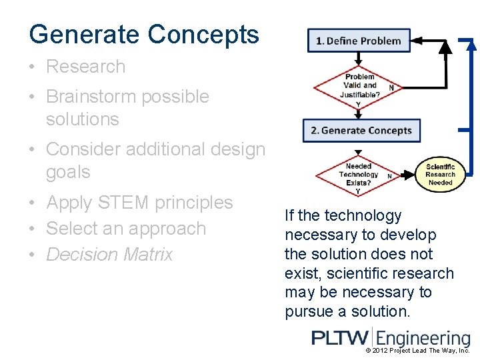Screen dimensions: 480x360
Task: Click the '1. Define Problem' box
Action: (359, 41)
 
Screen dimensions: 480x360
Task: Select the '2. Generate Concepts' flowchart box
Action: (361, 130)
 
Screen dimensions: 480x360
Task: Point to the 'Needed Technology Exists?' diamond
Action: (359, 175)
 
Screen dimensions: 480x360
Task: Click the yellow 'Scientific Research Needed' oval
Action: (440, 175)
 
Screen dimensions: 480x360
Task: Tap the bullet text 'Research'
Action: (85, 67)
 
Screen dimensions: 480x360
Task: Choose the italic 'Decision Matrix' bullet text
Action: (109, 255)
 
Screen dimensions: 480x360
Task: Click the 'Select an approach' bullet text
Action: (126, 229)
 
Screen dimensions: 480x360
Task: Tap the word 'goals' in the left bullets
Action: (68, 172)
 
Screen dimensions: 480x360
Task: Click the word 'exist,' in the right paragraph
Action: (305, 273)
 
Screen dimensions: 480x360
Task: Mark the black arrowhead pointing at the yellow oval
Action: (417, 175)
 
